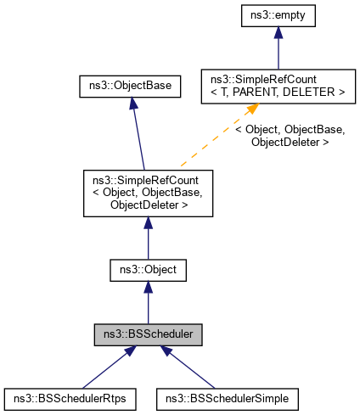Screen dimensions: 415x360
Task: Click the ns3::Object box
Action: [148, 271]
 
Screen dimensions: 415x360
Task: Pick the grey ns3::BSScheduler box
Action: [148, 334]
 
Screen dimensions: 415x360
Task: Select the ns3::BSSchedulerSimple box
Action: [228, 396]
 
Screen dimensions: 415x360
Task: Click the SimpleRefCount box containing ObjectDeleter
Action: [148, 193]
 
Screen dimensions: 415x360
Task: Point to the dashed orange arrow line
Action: [212, 139]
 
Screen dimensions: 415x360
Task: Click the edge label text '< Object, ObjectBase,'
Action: [289, 130]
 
